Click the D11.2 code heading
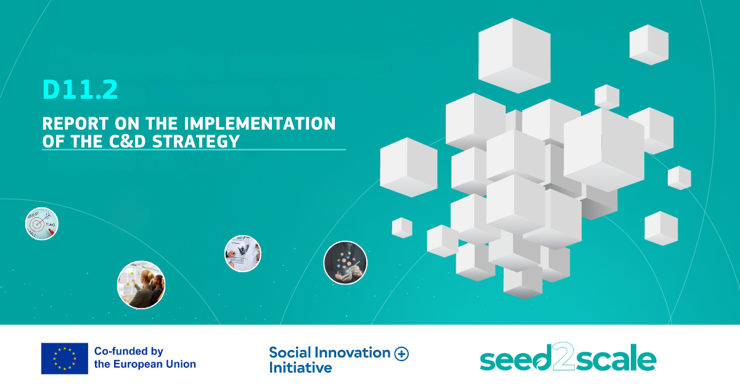tap(80, 89)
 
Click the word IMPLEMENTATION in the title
tap(260, 123)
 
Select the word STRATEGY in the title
tap(196, 141)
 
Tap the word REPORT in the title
tap(75, 123)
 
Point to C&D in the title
tap(128, 141)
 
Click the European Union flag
tap(64, 359)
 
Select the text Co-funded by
tap(129, 351)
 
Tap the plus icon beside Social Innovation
tap(401, 354)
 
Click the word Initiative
tap(301, 367)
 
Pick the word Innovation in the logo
tap(353, 352)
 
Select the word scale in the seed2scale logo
tap(616, 357)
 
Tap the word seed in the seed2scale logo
tap(516, 359)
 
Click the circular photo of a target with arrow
tap(42, 223)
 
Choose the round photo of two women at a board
tap(141, 285)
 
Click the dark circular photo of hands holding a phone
tap(345, 263)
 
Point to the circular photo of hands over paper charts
tap(243, 254)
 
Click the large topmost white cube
tap(514, 56)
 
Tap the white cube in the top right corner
tap(649, 44)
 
